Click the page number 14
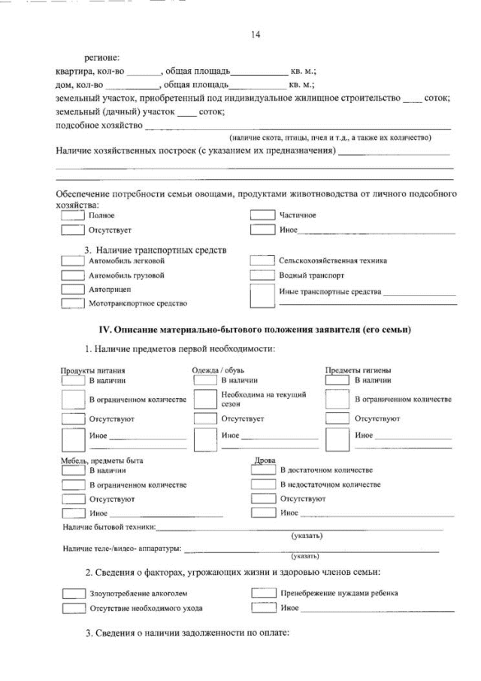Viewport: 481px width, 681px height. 255,34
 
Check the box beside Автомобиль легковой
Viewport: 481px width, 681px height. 72,260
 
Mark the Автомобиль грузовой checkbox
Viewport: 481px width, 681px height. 72,275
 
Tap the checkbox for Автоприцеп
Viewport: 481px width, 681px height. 72,289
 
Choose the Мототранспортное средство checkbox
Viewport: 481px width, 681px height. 72,303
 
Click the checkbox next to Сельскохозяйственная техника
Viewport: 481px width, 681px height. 262,260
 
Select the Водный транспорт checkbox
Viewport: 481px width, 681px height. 262,275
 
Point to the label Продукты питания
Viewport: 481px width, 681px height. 92,370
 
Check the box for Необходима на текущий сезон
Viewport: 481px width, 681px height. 205,399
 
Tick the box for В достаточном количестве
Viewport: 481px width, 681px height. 263,470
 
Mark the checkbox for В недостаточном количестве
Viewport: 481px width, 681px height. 263,485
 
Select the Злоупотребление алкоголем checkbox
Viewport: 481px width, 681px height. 72,594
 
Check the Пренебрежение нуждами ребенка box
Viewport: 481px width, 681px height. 263,593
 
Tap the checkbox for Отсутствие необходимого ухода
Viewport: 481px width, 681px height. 72,608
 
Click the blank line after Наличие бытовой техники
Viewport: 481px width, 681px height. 301,528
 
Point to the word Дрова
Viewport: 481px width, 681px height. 265,461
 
